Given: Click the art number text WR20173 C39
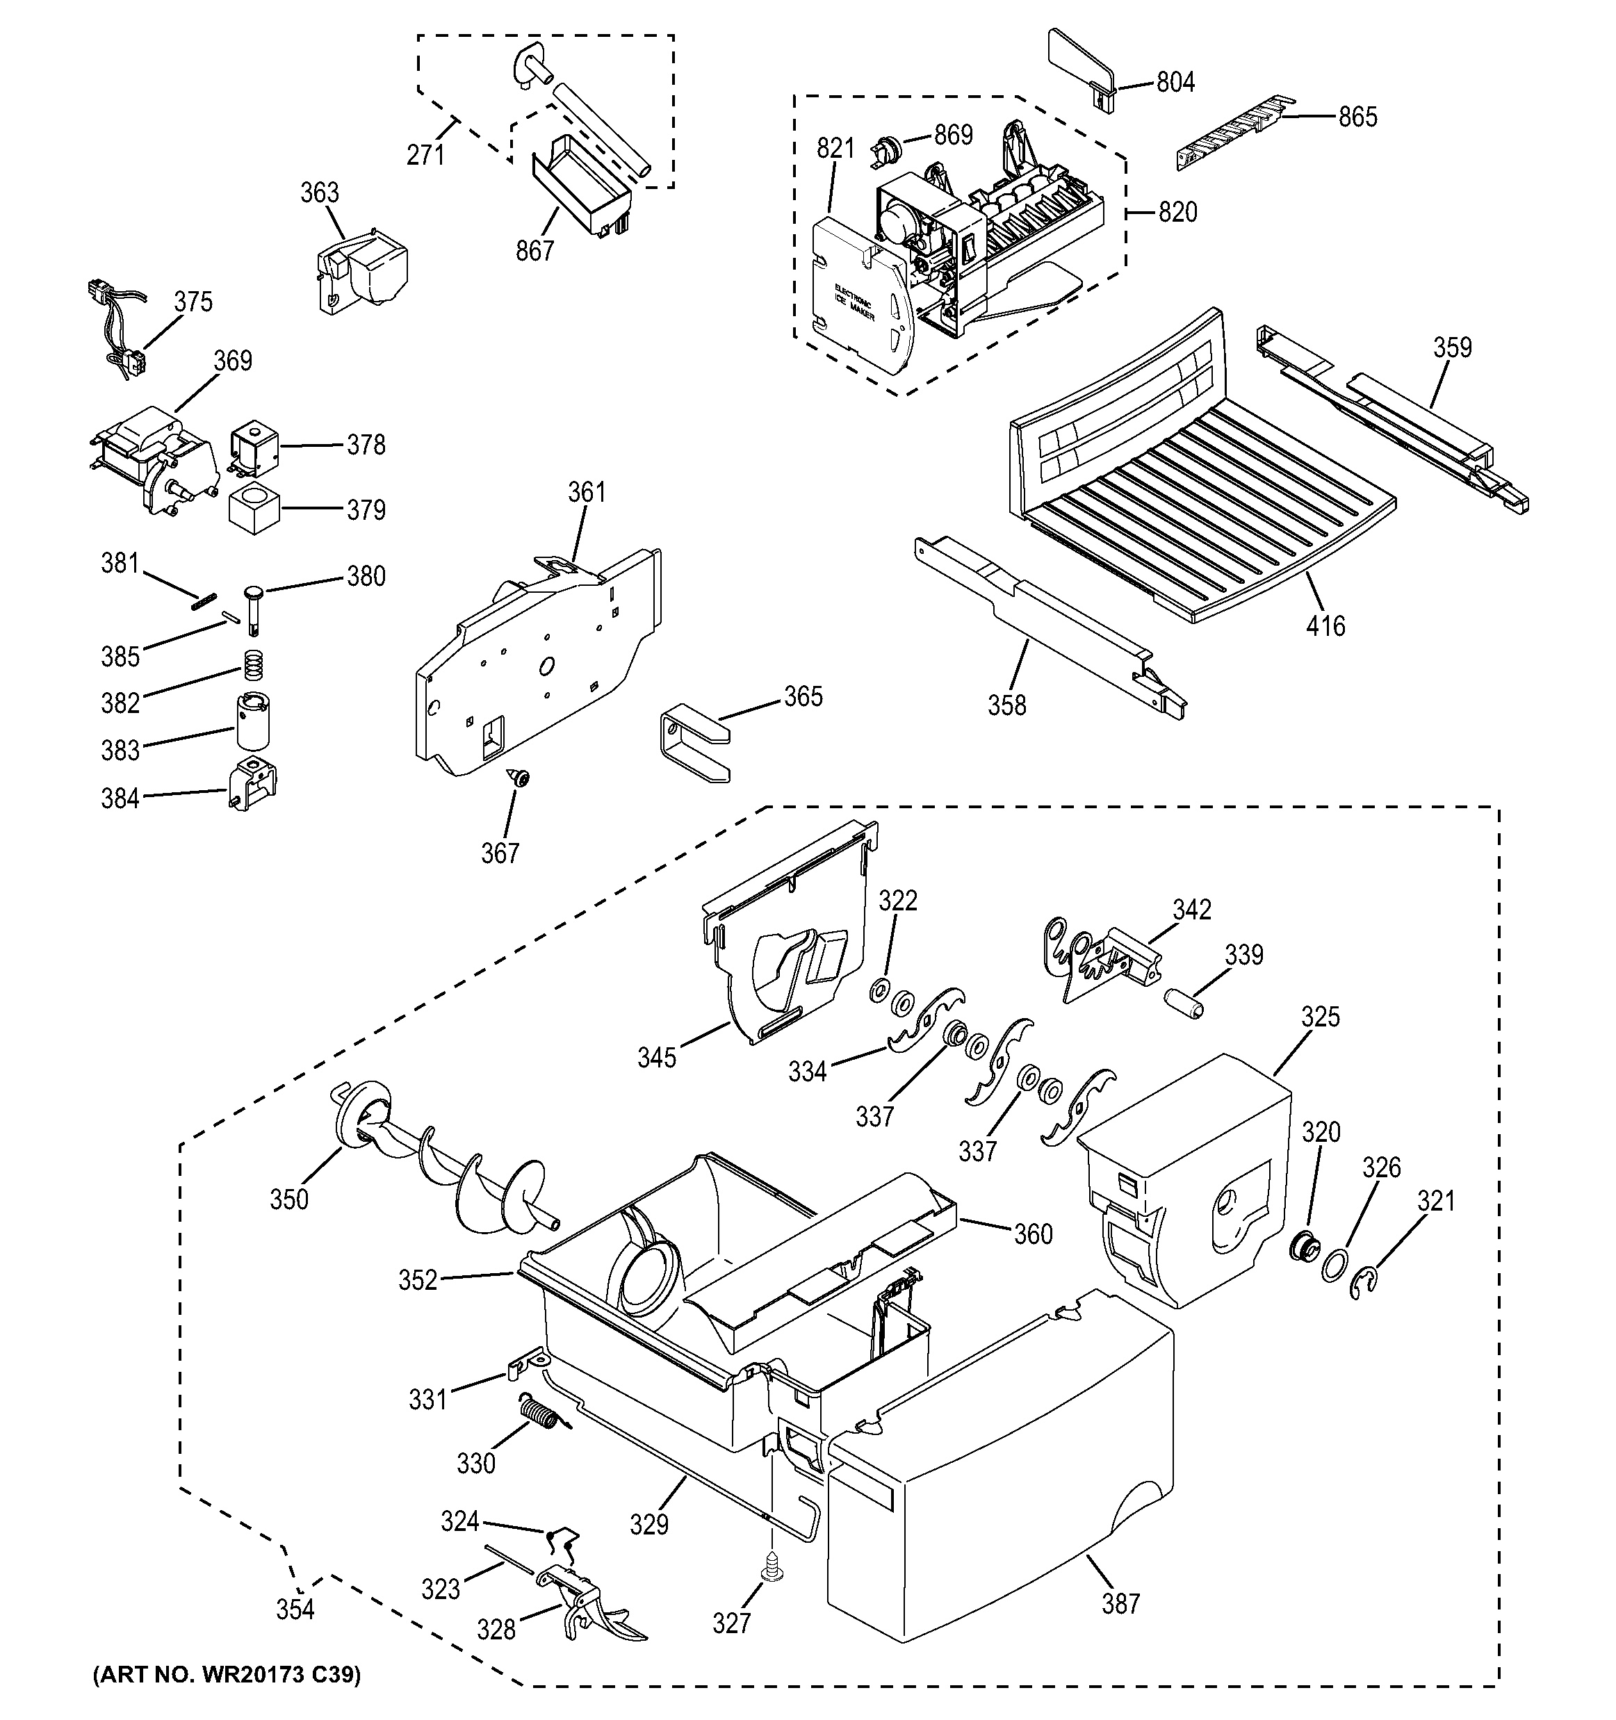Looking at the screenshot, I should [227, 1675].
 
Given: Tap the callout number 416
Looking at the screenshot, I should [1325, 625].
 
